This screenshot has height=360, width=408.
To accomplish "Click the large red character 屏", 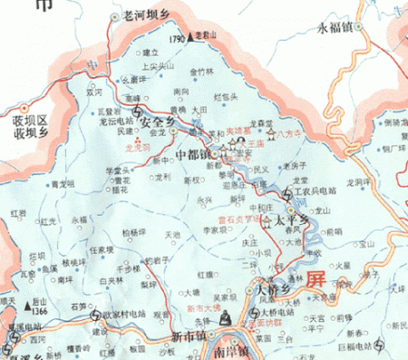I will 316,279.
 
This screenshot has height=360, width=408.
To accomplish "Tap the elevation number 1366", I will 38,313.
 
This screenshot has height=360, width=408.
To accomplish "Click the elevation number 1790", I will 178,40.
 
